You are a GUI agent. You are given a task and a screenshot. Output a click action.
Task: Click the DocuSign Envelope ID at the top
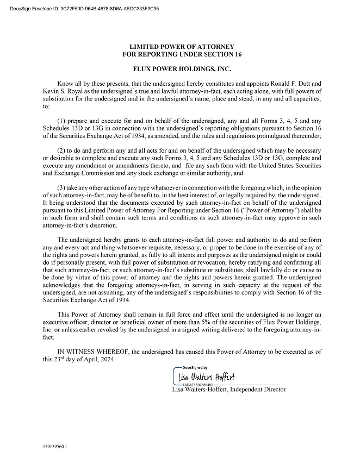81,9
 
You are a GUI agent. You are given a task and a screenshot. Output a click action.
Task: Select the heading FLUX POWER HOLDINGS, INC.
182,70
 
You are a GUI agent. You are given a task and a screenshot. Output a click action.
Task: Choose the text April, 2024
98,360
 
